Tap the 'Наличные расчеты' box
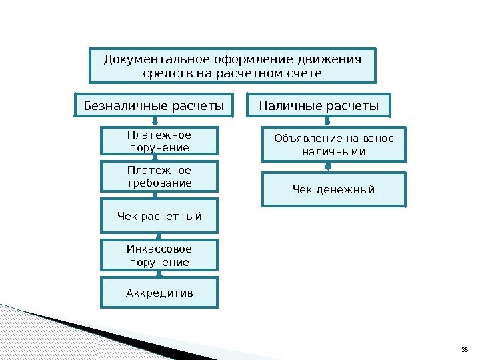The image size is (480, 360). point(319,105)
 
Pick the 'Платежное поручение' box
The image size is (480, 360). point(159,141)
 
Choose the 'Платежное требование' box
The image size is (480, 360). point(159,177)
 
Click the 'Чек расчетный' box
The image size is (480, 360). point(159,216)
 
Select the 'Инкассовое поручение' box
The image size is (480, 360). point(159,255)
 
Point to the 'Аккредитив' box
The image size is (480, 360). point(159,293)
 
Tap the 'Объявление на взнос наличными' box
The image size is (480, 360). point(333,145)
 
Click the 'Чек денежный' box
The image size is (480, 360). point(333,190)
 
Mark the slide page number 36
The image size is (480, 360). point(466,349)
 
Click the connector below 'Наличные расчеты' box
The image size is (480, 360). point(327,121)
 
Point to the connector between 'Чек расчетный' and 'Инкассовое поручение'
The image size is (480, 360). point(159,236)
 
